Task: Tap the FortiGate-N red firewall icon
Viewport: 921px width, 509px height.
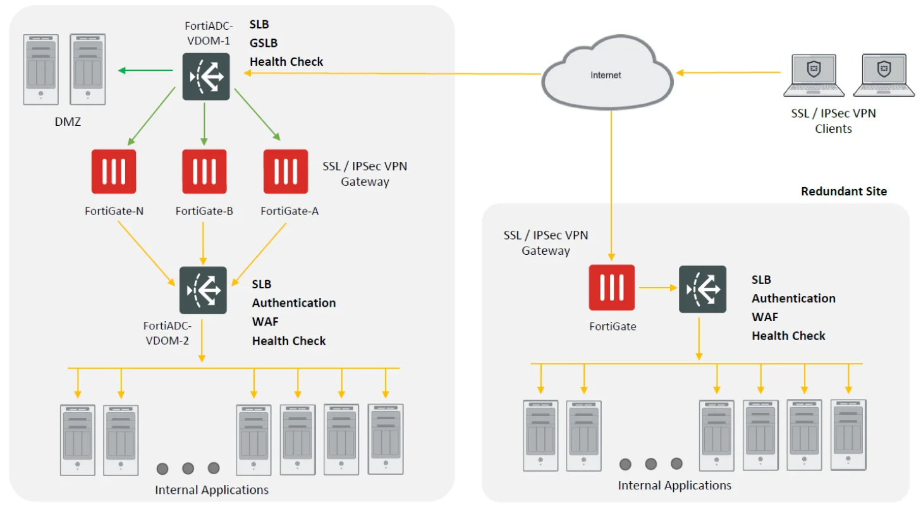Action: (x=114, y=171)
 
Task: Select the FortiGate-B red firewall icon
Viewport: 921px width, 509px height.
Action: (x=204, y=171)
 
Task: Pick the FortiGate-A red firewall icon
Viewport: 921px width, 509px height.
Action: (x=286, y=171)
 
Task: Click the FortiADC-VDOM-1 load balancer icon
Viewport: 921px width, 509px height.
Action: (x=206, y=76)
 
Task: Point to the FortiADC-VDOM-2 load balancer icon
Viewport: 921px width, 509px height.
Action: (x=203, y=290)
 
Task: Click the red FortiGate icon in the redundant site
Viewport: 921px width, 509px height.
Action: (x=612, y=288)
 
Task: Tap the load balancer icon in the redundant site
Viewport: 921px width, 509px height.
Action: (x=702, y=289)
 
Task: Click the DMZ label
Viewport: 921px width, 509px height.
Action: (x=68, y=121)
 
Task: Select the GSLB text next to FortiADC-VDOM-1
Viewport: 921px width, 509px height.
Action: (x=264, y=43)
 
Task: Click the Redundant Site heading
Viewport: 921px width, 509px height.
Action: (x=844, y=191)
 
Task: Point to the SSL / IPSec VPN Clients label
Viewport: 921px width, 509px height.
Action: (x=834, y=121)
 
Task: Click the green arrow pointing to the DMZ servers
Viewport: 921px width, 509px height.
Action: (x=147, y=70)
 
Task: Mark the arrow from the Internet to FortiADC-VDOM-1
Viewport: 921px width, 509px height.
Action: (x=392, y=73)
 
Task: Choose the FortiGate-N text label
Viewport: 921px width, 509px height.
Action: (x=114, y=211)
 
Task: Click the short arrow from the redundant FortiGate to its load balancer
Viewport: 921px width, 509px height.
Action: (x=657, y=288)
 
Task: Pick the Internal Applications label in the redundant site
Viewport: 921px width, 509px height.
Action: (x=674, y=486)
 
